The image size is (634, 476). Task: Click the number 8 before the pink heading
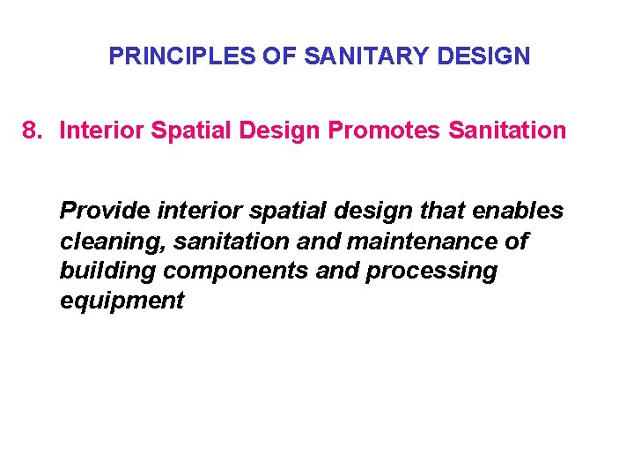pyautogui.click(x=31, y=131)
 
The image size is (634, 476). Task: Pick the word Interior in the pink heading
pyautogui.click(x=101, y=131)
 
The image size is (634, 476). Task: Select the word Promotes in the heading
pyautogui.click(x=384, y=131)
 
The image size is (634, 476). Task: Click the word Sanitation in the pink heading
pyautogui.click(x=506, y=131)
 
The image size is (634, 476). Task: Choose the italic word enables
pyautogui.click(x=520, y=212)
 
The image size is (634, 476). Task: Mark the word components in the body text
pyautogui.click(x=223, y=271)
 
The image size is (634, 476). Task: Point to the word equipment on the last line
pyautogui.click(x=122, y=301)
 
